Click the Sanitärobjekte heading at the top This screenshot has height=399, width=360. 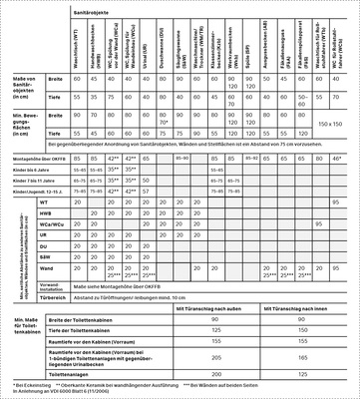pos(90,6)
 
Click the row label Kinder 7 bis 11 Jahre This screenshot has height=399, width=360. pos(38,180)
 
